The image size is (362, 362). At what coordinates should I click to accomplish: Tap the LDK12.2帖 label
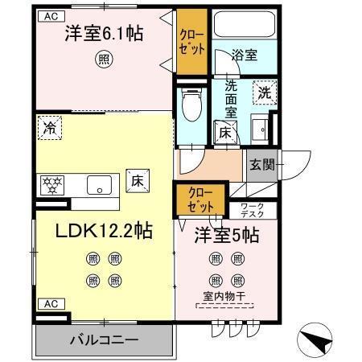pyautogui.click(x=104, y=230)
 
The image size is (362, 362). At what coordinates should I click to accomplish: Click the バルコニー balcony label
pyautogui.click(x=103, y=338)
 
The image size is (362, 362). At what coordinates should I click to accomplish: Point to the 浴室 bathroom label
pyautogui.click(x=245, y=56)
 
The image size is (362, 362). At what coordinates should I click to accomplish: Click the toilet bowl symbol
pyautogui.click(x=191, y=102)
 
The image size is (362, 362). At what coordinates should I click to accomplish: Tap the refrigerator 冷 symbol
pyautogui.click(x=51, y=127)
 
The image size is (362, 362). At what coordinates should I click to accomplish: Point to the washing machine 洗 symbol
pyautogui.click(x=264, y=93)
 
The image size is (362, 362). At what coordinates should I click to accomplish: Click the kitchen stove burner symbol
pyautogui.click(x=51, y=184)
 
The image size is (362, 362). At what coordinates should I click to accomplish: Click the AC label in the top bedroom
pyautogui.click(x=51, y=16)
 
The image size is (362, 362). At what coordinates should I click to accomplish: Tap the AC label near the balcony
pyautogui.click(x=50, y=303)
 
